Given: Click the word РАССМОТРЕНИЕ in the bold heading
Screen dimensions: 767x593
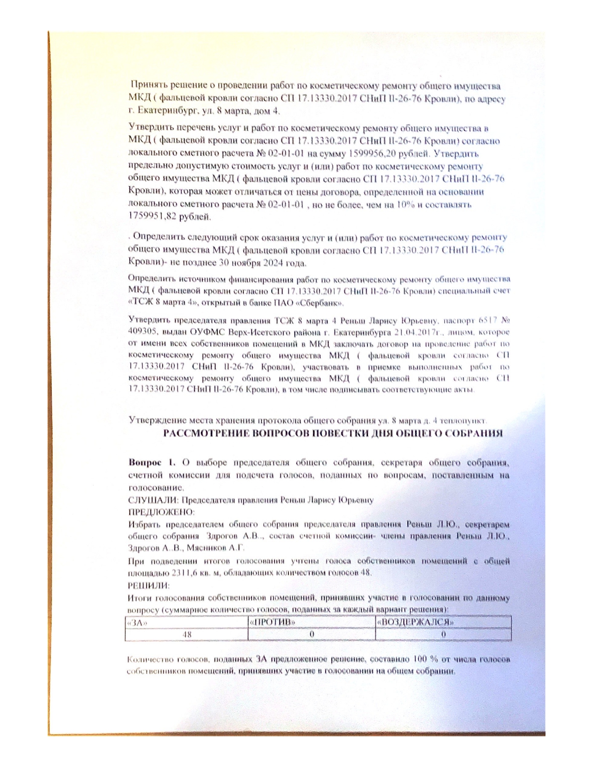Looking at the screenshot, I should pos(207,434).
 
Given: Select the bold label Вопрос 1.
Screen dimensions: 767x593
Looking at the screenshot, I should pos(152,463).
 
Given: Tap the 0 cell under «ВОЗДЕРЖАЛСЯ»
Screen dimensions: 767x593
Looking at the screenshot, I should pos(443,634).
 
